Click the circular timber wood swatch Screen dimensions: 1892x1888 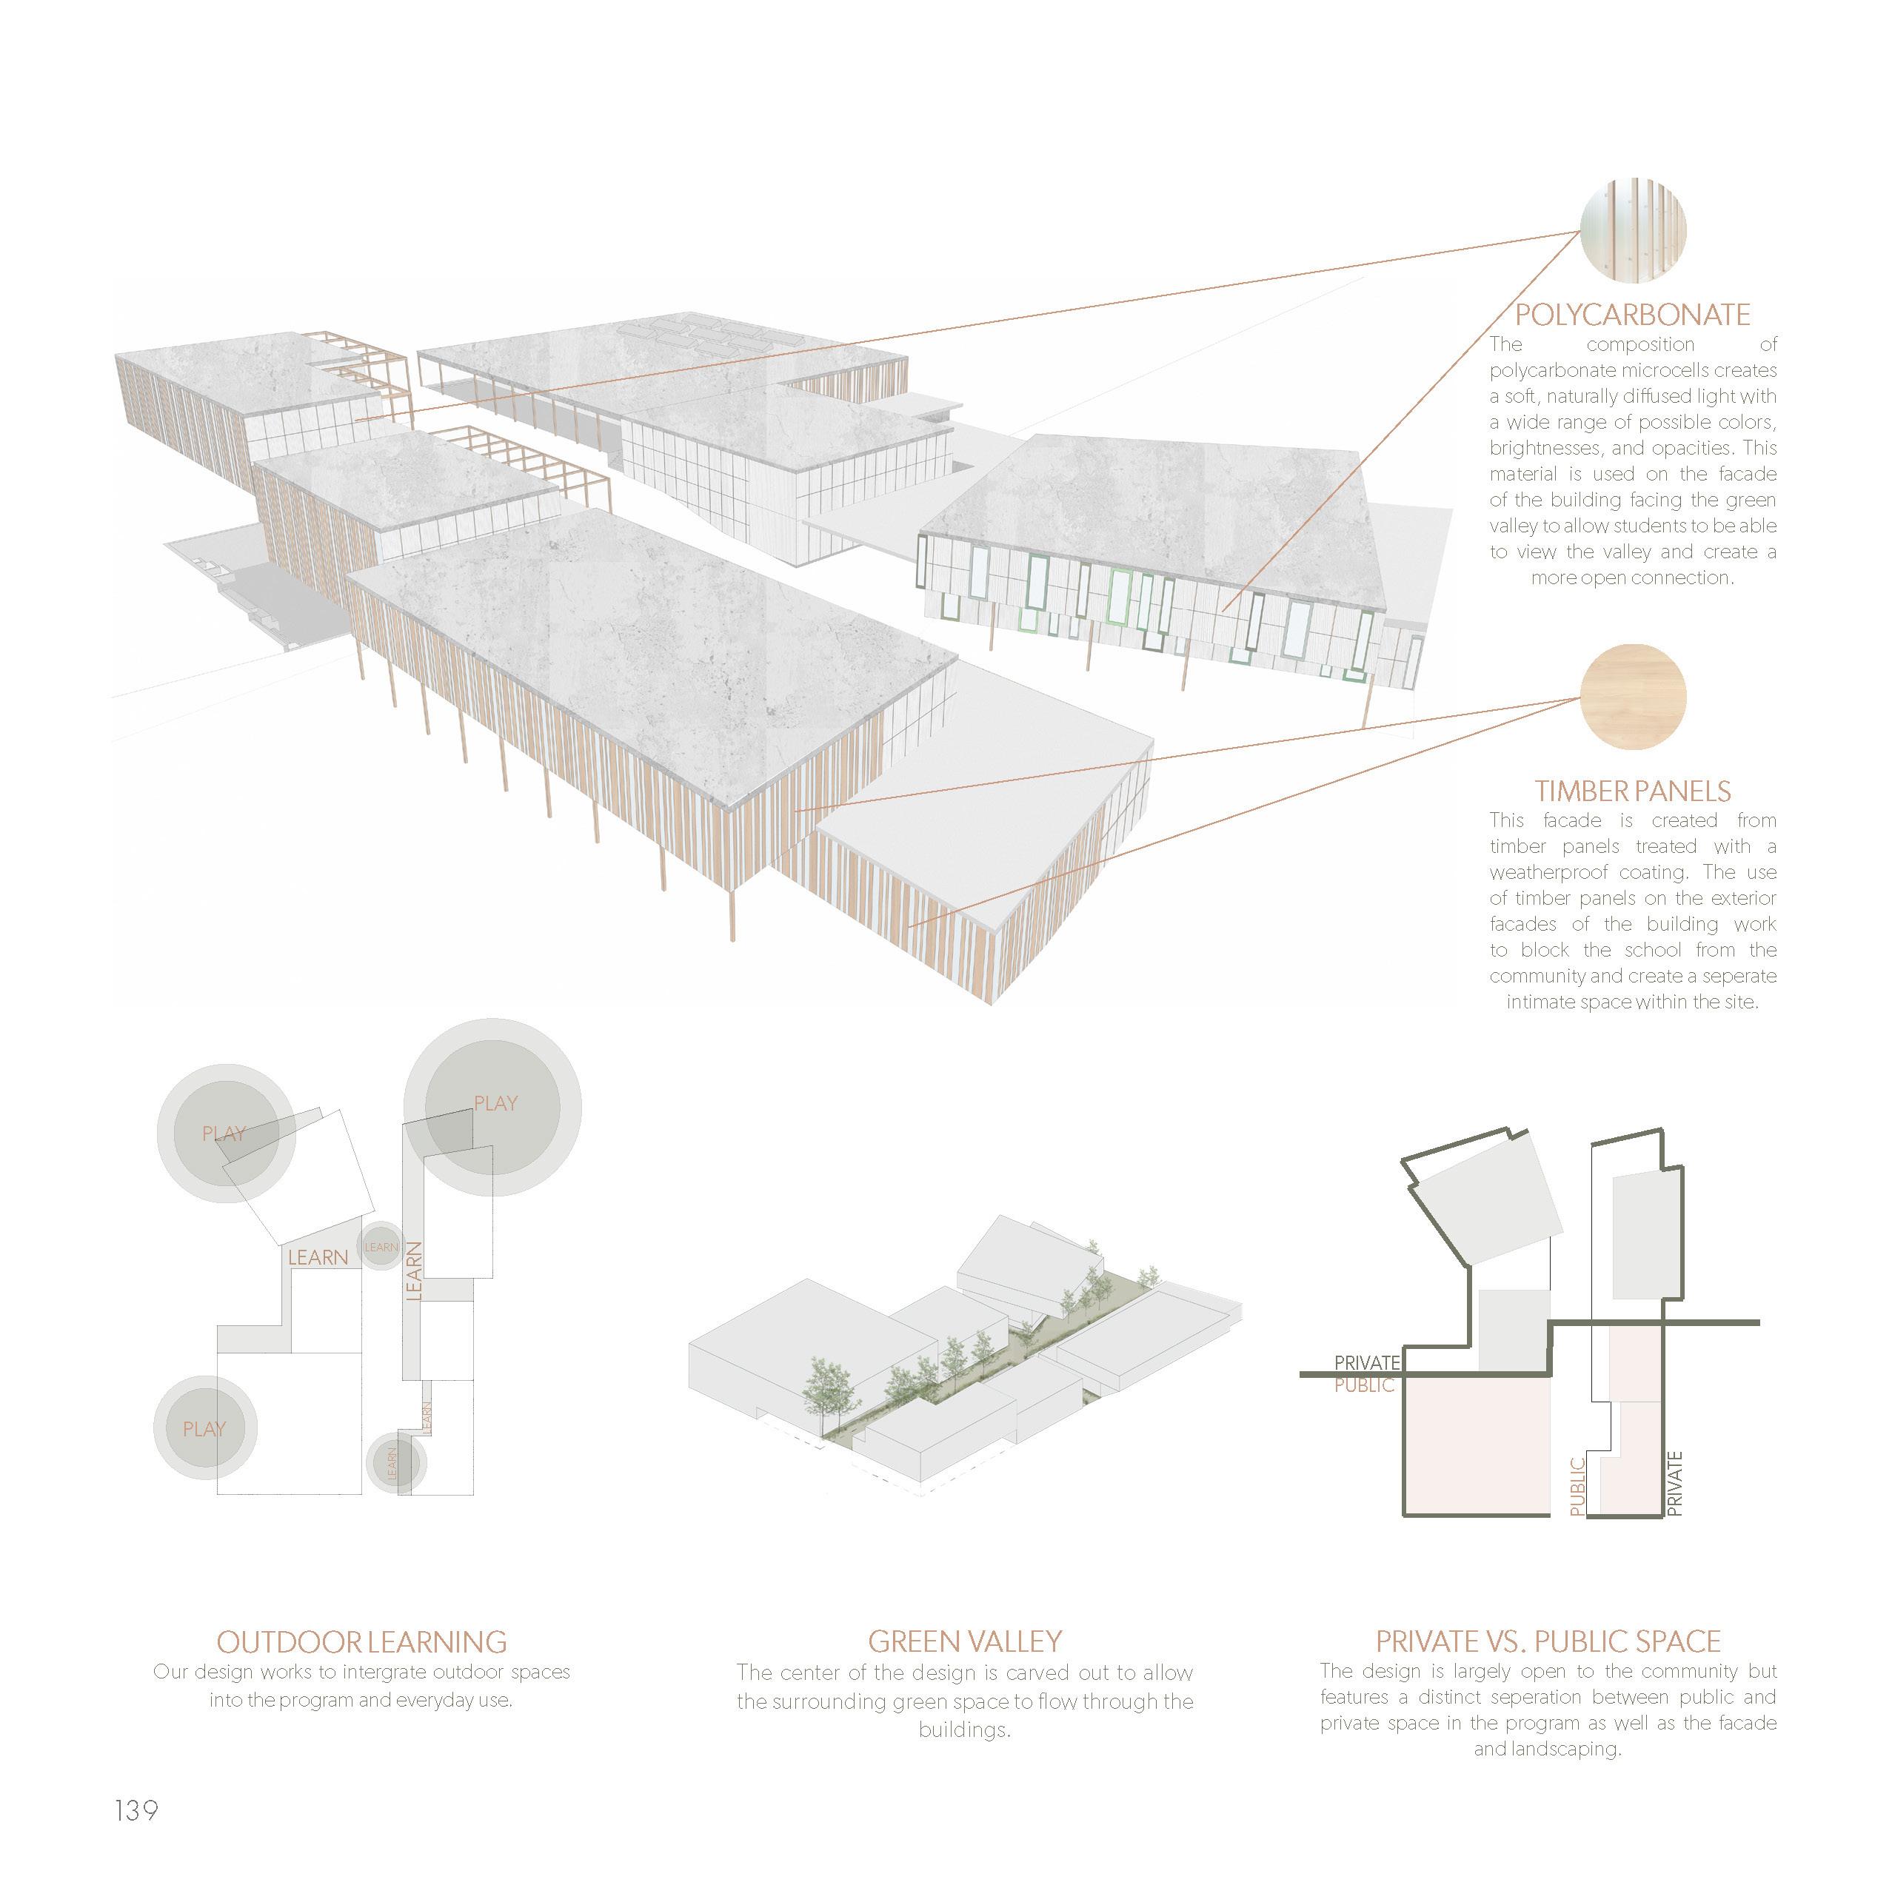pyautogui.click(x=1633, y=696)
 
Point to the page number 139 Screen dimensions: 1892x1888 pyautogui.click(x=136, y=1810)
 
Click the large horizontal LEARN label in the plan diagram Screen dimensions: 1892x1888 pyautogui.click(x=318, y=1256)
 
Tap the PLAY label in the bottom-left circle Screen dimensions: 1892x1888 pyautogui.click(x=204, y=1429)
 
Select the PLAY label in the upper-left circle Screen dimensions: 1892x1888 pyautogui.click(x=224, y=1134)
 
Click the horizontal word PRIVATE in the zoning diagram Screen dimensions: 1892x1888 pyautogui.click(x=1367, y=1362)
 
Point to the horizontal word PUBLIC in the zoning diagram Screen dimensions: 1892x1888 pyautogui.click(x=1364, y=1385)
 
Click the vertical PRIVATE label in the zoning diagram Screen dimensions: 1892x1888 pyautogui.click(x=1674, y=1484)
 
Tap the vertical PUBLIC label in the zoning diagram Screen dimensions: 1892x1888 pyautogui.click(x=1577, y=1487)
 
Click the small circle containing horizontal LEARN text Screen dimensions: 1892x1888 pyautogui.click(x=381, y=1247)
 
